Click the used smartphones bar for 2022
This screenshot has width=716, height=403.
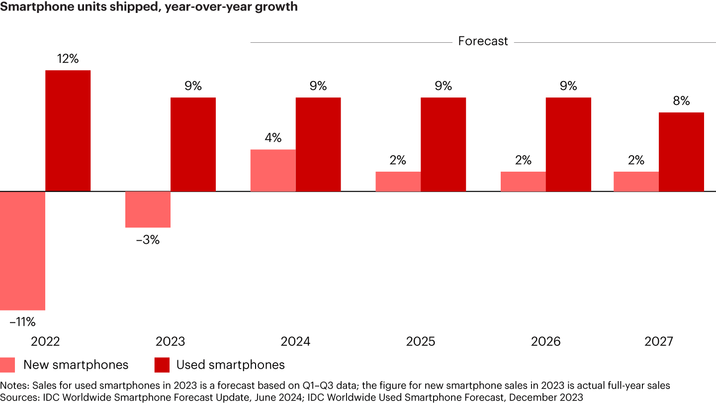coord(68,131)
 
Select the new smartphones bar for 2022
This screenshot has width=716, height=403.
coord(23,251)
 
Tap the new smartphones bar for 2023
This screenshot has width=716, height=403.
coord(148,209)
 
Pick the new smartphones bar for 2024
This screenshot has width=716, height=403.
coord(273,170)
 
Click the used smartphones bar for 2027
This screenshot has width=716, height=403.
coord(681,152)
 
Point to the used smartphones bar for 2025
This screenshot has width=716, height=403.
coord(443,144)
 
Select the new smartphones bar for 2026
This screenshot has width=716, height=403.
coord(523,182)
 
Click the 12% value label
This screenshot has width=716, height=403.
coord(68,59)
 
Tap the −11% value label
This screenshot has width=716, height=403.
coord(23,322)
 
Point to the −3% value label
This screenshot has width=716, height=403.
coord(148,240)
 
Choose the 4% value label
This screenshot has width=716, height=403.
coord(273,138)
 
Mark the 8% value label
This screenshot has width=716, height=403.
coord(681,101)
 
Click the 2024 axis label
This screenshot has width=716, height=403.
coord(295,342)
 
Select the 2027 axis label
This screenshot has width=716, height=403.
coord(658,342)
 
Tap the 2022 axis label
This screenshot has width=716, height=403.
coord(45,342)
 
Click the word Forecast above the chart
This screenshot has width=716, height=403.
coord(483,41)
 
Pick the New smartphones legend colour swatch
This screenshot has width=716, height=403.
coord(7,365)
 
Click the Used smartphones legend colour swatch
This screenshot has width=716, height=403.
coord(162,365)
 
